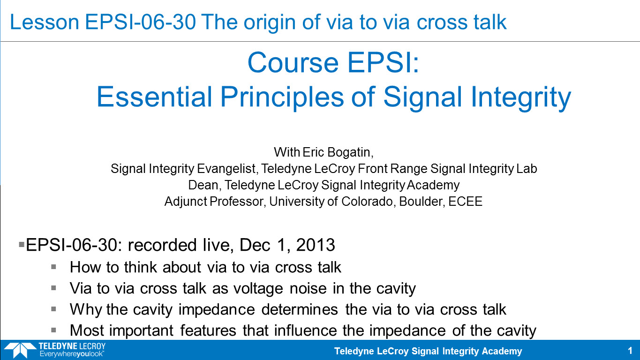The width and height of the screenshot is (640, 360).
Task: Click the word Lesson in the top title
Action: [x=44, y=22]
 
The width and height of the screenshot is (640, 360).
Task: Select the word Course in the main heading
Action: [x=293, y=62]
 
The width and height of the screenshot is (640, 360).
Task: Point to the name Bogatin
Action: [x=350, y=152]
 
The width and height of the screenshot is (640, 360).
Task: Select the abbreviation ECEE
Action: [x=465, y=202]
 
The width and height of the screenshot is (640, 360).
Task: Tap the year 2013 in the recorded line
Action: [x=316, y=245]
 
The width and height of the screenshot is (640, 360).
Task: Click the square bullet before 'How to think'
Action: [x=53, y=267]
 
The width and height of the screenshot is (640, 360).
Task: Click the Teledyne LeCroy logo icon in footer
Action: [x=20, y=350]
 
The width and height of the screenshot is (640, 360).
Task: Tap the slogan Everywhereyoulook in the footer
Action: [x=72, y=354]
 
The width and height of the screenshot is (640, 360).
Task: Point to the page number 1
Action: [x=630, y=351]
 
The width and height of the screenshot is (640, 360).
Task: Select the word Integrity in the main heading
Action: [x=521, y=97]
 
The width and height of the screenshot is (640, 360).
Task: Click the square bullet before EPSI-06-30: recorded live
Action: [x=22, y=245]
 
